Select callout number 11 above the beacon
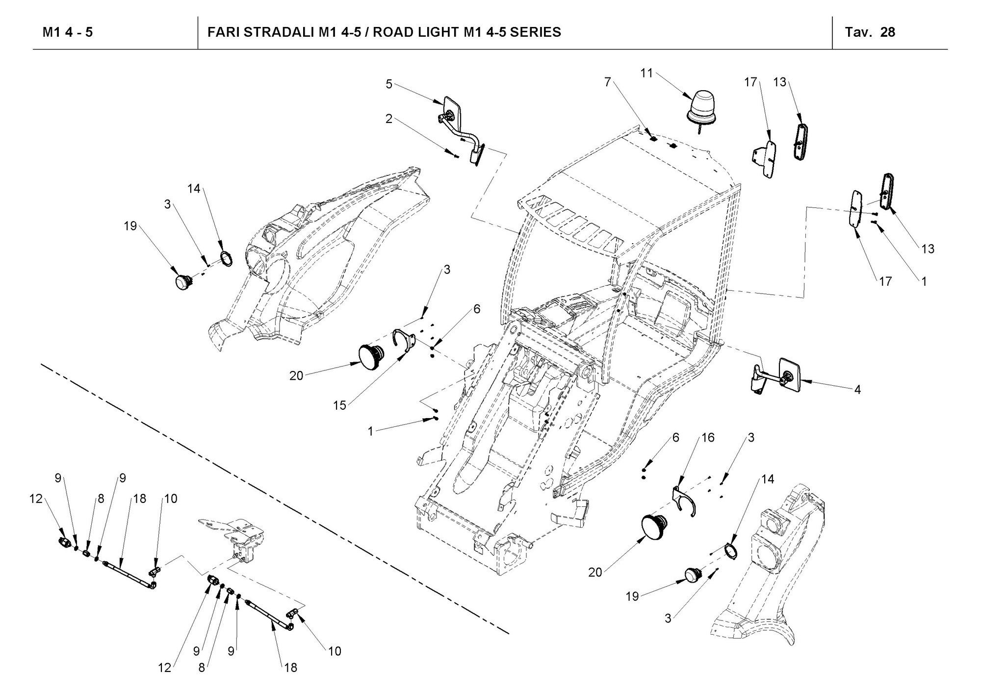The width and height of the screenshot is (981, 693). click(x=646, y=73)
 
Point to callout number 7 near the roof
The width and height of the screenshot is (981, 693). click(x=608, y=82)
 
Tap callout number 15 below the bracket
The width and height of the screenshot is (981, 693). click(x=339, y=405)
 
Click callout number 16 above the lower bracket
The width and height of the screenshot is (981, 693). click(x=707, y=437)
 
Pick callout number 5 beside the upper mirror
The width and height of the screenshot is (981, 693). click(x=389, y=84)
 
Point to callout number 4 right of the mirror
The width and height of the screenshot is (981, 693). click(x=857, y=390)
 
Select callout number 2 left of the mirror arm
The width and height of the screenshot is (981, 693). click(x=389, y=119)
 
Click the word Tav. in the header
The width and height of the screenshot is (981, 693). click(x=858, y=32)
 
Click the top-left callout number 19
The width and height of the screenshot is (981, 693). click(x=130, y=226)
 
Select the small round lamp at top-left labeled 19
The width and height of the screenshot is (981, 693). click(x=184, y=281)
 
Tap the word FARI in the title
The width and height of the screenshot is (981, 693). click(x=223, y=32)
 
